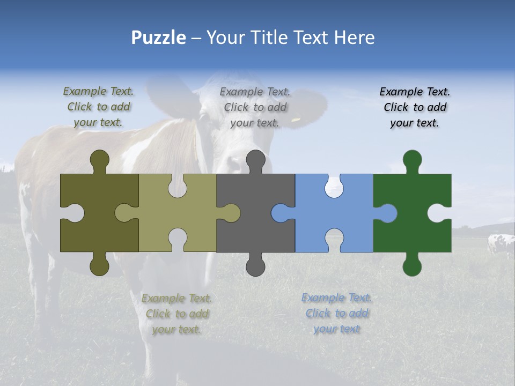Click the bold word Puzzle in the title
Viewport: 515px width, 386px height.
pos(158,38)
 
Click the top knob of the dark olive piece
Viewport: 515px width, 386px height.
pos(99,160)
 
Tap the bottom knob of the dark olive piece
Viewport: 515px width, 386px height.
pos(99,265)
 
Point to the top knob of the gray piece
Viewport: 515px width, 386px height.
pos(255,160)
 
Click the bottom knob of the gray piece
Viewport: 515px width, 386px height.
pos(255,265)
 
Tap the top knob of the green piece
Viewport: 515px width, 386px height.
pos(412,160)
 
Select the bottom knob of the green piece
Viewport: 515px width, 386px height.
pos(412,265)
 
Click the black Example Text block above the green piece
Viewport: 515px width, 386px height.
pos(415,107)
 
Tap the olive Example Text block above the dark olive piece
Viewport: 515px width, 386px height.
pos(98,107)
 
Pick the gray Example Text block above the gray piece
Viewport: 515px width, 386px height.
pos(255,107)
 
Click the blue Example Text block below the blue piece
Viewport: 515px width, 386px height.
pos(336,313)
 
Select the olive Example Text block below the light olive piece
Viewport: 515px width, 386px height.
pos(176,314)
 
